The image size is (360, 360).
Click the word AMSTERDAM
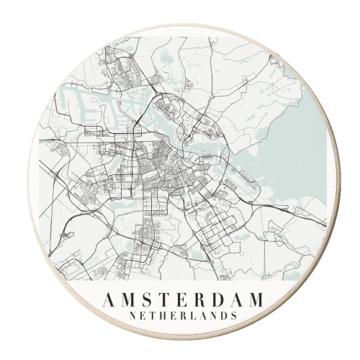[183, 300]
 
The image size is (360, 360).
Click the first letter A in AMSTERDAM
[109, 300]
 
